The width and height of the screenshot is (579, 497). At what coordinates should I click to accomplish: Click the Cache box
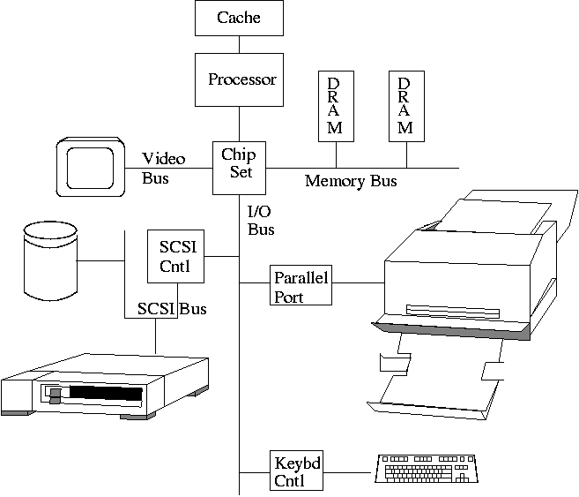(239, 17)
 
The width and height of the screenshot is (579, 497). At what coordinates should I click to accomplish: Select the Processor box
(241, 79)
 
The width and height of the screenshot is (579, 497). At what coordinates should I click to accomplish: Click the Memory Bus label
(351, 182)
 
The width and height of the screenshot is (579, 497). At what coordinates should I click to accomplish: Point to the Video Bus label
(164, 168)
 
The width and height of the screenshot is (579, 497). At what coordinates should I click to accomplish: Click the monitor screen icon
(88, 166)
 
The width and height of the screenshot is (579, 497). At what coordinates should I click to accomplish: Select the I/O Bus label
(261, 221)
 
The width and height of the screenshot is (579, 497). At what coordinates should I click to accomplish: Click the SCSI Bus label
(172, 309)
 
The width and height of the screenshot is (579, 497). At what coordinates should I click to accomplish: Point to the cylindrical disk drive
(50, 260)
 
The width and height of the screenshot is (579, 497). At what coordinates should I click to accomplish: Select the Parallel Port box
(301, 287)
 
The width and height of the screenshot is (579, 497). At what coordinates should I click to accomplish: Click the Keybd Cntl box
(296, 471)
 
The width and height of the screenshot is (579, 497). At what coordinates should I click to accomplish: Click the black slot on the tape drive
(106, 392)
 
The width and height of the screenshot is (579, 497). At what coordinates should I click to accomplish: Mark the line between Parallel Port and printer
(358, 283)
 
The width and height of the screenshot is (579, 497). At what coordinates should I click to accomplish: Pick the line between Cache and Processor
(239, 43)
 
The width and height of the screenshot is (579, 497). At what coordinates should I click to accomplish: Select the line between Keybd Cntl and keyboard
(347, 471)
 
